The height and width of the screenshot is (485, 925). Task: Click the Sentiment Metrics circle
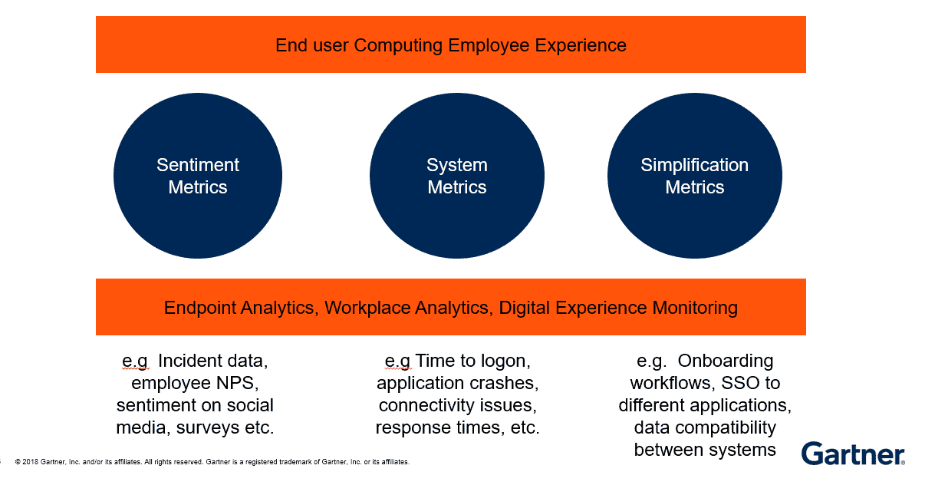(198, 176)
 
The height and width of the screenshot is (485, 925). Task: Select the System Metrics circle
(457, 176)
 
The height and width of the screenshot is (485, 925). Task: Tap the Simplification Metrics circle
(694, 176)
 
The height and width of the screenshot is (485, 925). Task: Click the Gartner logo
(853, 454)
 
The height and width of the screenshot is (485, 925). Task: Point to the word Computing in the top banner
(399, 45)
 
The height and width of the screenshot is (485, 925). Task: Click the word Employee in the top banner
(487, 45)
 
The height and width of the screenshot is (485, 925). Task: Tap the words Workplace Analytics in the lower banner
(407, 308)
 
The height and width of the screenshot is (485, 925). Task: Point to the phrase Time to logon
(472, 361)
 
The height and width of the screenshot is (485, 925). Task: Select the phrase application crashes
(457, 383)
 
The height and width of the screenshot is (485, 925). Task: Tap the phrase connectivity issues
(457, 405)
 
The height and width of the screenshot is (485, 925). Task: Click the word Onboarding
(726, 361)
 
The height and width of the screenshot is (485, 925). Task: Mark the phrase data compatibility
(705, 427)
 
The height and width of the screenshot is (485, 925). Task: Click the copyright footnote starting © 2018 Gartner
(212, 462)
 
